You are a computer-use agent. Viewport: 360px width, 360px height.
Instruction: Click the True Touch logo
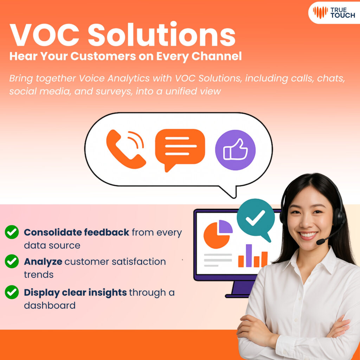coord(334,12)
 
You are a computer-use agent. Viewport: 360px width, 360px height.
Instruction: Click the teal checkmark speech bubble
coord(256,219)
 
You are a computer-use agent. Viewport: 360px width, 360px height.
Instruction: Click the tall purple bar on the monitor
coord(249,256)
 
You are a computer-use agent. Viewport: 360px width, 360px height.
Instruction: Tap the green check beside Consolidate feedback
coord(12,232)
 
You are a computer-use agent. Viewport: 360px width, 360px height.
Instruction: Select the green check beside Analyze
coord(12,262)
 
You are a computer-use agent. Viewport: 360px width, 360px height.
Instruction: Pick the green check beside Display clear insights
coord(12,292)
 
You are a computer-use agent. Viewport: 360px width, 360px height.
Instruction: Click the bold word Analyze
coord(43,262)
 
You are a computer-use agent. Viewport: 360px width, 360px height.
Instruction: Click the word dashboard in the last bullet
coord(50,305)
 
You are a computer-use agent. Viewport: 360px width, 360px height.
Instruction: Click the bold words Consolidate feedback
coord(76,232)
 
